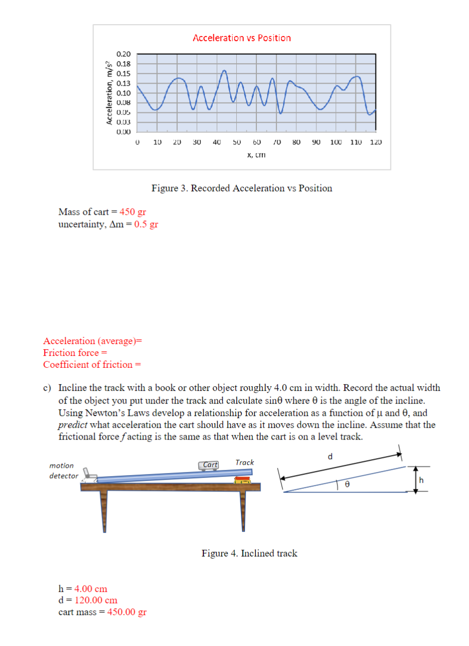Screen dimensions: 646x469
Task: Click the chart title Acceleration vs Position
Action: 241,38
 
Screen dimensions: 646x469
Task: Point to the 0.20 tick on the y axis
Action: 123,54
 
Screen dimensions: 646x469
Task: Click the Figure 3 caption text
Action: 241,188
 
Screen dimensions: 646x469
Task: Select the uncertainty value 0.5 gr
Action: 146,224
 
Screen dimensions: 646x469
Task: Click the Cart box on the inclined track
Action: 210,465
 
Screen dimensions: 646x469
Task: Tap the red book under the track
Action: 242,480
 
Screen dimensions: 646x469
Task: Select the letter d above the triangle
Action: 330,455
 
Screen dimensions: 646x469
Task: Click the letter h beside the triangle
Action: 421,480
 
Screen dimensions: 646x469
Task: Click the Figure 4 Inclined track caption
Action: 249,553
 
